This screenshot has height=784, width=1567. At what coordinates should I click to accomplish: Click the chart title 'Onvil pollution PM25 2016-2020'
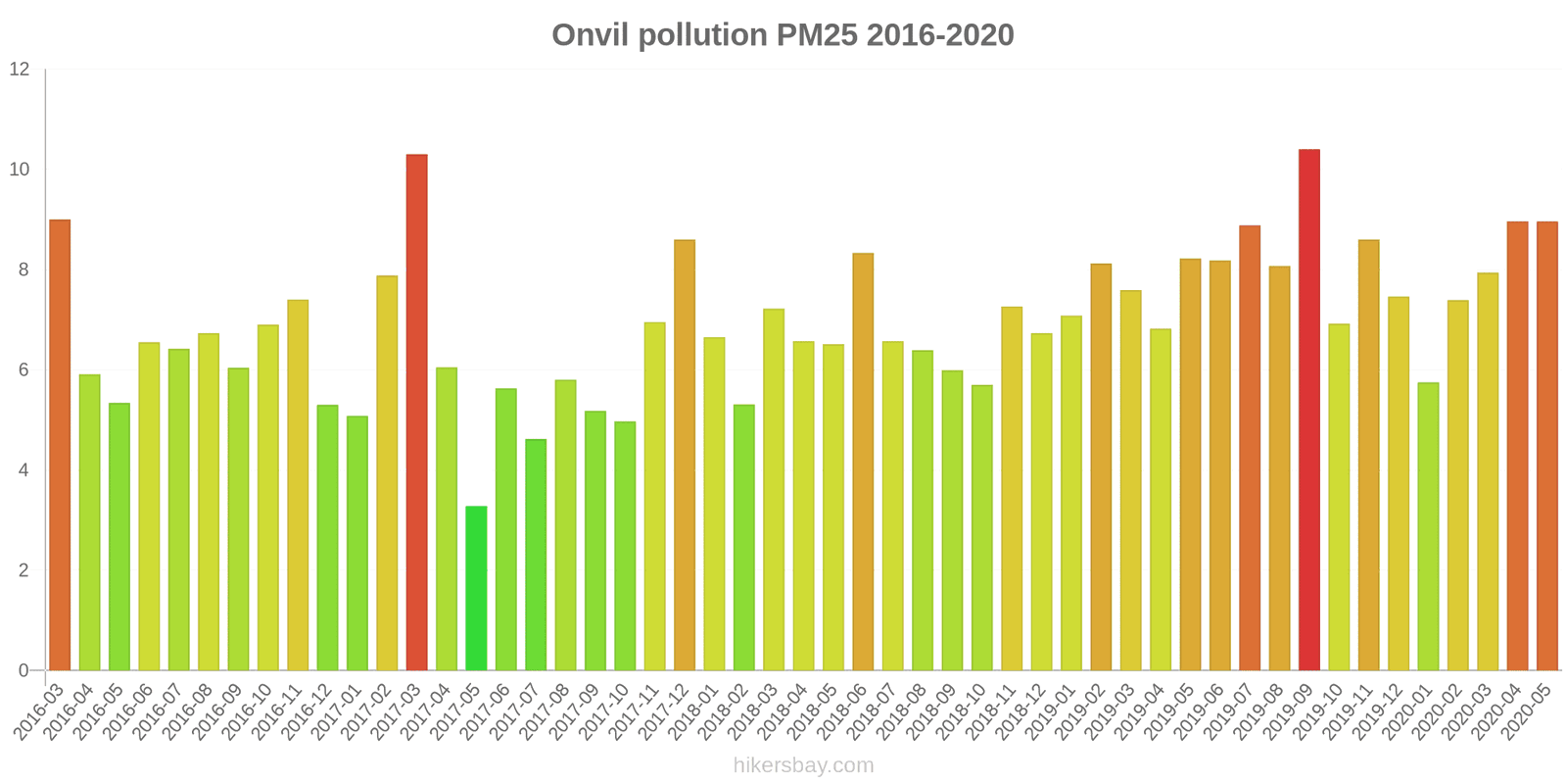pos(783,35)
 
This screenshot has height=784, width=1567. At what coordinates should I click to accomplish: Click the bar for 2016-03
pos(60,445)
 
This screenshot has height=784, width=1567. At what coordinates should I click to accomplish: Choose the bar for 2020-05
pos(1546,446)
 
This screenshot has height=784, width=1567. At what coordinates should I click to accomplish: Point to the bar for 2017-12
pos(685,455)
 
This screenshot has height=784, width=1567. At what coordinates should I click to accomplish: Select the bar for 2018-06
pos(863,462)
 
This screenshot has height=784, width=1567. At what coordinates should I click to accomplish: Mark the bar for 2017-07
pos(536,555)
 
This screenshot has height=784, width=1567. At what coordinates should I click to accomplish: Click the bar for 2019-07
pos(1250,448)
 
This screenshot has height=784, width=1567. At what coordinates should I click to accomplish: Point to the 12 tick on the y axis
pos(20,70)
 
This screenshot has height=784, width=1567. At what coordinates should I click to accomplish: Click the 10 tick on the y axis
pos(20,170)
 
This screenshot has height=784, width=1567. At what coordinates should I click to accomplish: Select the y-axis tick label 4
pos(24,470)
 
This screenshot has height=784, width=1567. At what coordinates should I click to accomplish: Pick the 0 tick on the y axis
pos(24,670)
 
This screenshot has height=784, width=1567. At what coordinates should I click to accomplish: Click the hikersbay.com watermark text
pos(803,765)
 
